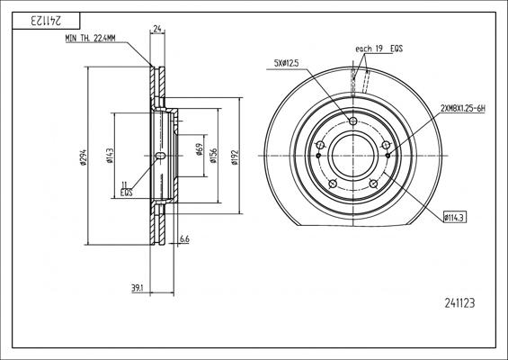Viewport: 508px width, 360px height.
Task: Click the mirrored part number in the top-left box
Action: [x=46, y=21]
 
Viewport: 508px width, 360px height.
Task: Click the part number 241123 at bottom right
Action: [x=459, y=303]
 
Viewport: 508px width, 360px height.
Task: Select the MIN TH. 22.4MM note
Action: [x=90, y=39]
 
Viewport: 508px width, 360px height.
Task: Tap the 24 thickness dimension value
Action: [x=157, y=29]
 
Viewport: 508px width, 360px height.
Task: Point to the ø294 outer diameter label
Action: [x=84, y=157]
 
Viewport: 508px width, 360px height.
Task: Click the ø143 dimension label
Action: [x=110, y=156]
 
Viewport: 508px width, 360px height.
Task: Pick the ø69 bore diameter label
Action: [x=200, y=149]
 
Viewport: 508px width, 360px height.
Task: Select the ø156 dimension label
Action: [x=213, y=156]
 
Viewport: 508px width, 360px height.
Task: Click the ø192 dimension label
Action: [x=235, y=157]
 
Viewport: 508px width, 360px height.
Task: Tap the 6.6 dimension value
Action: [x=184, y=239]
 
